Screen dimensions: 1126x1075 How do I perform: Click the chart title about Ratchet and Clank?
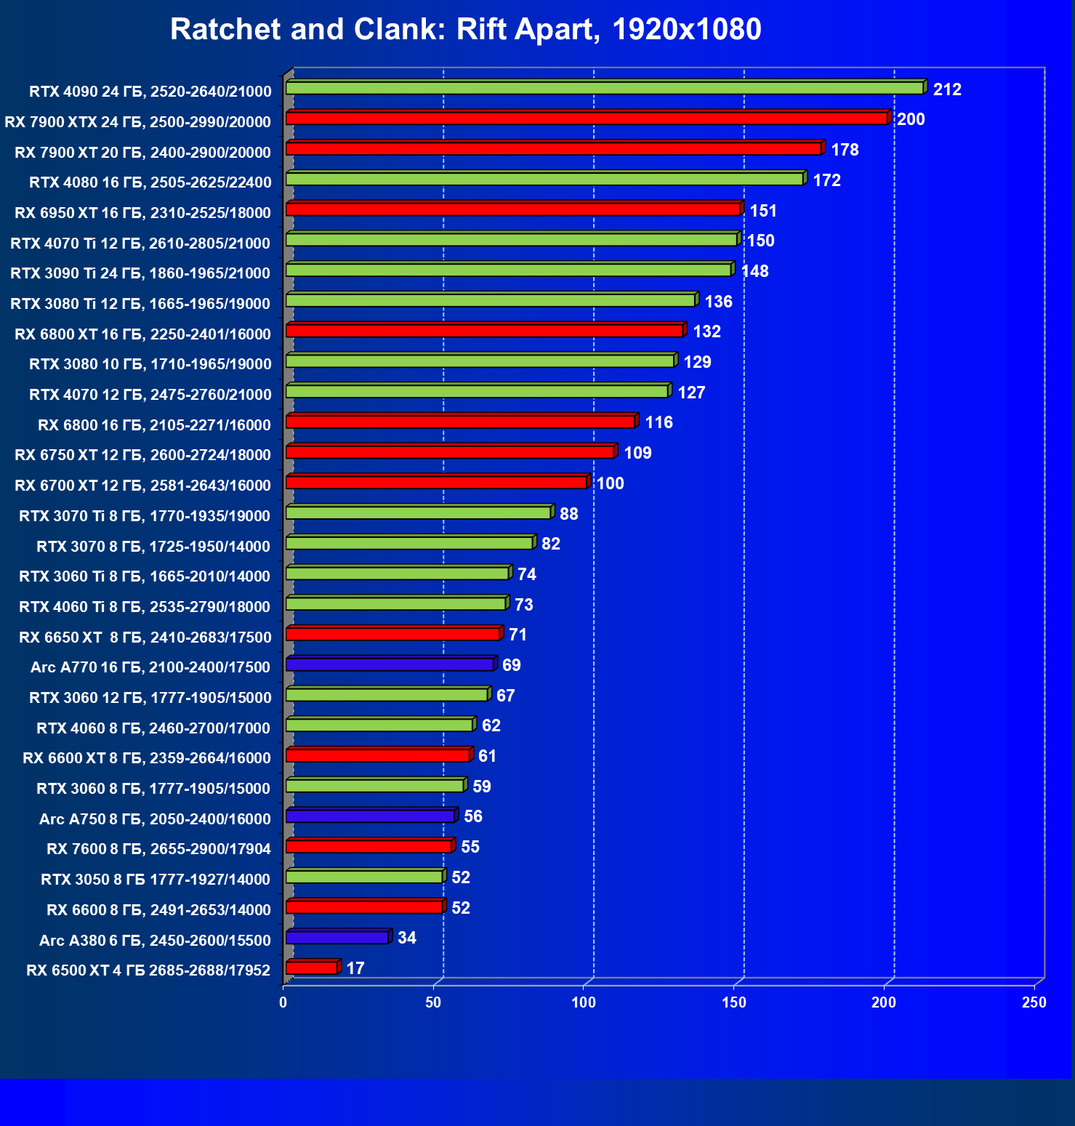(465, 30)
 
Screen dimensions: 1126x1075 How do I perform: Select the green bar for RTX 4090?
(604, 88)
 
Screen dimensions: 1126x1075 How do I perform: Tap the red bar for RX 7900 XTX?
(586, 118)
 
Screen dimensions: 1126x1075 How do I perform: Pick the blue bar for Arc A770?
(390, 664)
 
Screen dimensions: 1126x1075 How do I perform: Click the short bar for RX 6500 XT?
(312, 968)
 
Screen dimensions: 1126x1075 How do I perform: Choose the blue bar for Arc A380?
(337, 938)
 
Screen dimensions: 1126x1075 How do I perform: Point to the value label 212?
(947, 89)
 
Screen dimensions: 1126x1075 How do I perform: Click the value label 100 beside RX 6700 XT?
(610, 483)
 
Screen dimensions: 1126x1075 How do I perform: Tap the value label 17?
(355, 968)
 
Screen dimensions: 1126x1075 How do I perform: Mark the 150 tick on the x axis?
(733, 1002)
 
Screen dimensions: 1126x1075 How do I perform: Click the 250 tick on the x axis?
(1034, 1002)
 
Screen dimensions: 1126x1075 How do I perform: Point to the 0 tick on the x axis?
(283, 1002)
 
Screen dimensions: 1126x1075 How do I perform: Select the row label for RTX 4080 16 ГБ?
(150, 182)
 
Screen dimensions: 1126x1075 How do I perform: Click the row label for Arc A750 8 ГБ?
(155, 819)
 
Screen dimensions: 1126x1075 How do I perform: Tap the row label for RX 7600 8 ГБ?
(158, 849)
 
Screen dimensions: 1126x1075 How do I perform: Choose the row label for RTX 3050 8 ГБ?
(156, 880)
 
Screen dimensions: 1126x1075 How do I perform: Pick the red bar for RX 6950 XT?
(513, 209)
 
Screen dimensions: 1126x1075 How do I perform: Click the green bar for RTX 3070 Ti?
(419, 512)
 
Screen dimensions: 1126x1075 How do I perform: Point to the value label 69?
(512, 665)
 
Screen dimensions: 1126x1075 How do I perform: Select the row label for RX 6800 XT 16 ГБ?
(143, 334)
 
